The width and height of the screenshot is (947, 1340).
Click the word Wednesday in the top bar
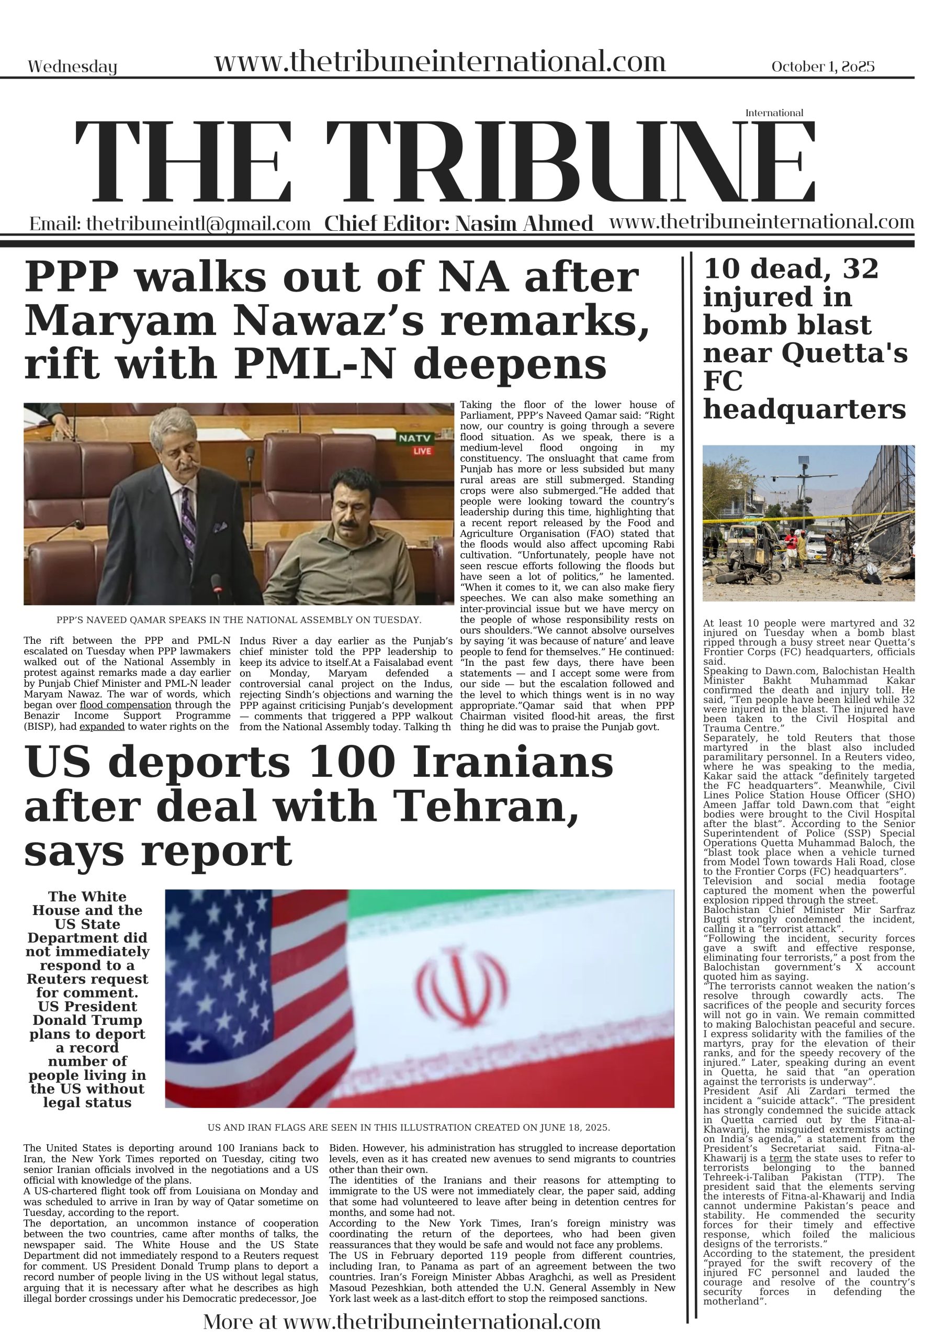tap(72, 67)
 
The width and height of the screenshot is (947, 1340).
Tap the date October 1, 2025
tap(822, 66)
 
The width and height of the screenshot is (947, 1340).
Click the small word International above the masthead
tap(774, 113)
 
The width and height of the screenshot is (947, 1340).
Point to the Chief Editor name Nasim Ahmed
tap(523, 224)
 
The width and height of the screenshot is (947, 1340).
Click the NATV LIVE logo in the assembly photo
tap(415, 443)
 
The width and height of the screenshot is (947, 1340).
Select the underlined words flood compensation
tap(126, 705)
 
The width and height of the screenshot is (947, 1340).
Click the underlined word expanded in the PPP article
tap(102, 727)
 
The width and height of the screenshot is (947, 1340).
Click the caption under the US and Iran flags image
tap(409, 1127)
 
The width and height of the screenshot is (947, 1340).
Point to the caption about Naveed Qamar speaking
tap(239, 620)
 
